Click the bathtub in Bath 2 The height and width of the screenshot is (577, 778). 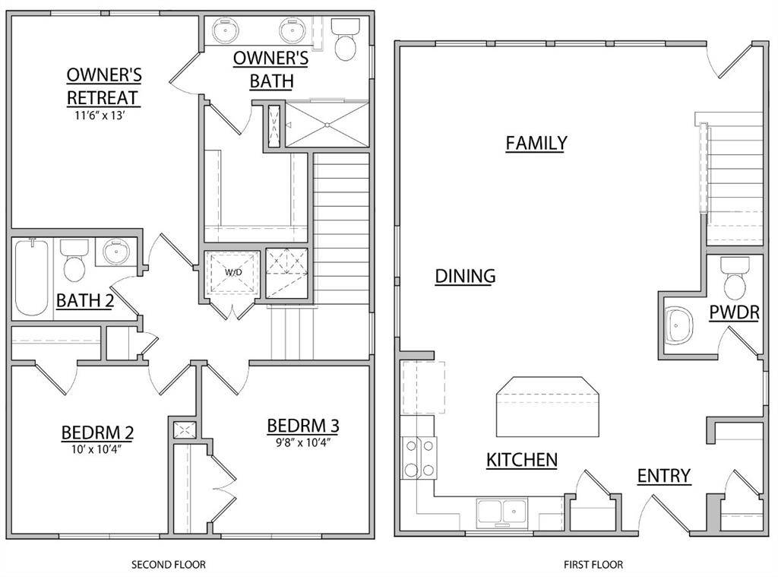click(x=31, y=279)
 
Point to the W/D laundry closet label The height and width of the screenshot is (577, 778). click(x=232, y=271)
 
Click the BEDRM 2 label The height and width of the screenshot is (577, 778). click(x=97, y=433)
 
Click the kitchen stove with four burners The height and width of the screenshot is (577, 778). click(x=419, y=458)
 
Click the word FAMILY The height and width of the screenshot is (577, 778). click(x=536, y=143)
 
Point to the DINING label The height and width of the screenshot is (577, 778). click(x=465, y=276)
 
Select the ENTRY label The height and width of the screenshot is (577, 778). click(x=663, y=476)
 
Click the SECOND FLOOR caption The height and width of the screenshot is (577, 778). click(x=169, y=565)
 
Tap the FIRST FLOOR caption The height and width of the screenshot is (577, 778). click(x=593, y=565)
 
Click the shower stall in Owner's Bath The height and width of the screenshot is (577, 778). click(x=327, y=123)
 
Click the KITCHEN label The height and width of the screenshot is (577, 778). click(x=522, y=459)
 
